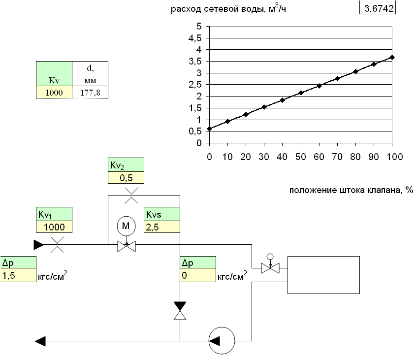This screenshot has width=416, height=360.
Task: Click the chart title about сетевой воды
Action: click(x=228, y=9)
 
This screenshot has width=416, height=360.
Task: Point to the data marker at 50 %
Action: click(x=301, y=93)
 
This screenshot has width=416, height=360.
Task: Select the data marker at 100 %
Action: click(x=392, y=57)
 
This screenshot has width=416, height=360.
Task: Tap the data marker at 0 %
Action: click(x=209, y=129)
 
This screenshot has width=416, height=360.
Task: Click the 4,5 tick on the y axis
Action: click(x=198, y=38)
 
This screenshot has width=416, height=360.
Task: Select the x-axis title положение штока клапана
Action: click(x=351, y=191)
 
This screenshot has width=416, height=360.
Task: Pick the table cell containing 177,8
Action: click(x=90, y=92)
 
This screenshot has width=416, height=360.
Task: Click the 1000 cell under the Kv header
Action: click(x=54, y=92)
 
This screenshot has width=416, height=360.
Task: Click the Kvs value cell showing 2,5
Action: click(x=161, y=227)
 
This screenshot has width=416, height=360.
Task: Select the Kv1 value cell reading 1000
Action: click(x=54, y=227)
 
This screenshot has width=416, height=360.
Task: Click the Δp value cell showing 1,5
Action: click(x=18, y=276)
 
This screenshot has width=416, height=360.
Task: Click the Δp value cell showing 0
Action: click(x=197, y=276)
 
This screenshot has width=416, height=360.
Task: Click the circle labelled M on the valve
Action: click(x=126, y=226)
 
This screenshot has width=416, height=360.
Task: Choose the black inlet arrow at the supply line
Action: click(x=39, y=244)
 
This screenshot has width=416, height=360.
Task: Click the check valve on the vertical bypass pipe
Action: click(x=180, y=311)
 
